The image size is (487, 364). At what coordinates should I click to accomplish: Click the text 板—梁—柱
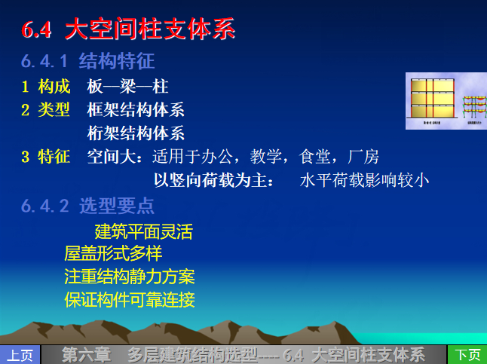pyautogui.click(x=127, y=87)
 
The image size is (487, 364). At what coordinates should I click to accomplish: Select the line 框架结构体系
pyautogui.click(x=136, y=110)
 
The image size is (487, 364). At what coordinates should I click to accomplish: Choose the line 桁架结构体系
pyautogui.click(x=136, y=133)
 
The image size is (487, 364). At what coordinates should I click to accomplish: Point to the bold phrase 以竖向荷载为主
pyautogui.click(x=213, y=180)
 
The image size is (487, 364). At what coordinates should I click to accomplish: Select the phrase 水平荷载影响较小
pyautogui.click(x=365, y=180)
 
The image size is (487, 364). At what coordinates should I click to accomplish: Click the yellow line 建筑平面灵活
pyautogui.click(x=143, y=231)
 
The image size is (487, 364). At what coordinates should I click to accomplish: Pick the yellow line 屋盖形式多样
pyautogui.click(x=113, y=253)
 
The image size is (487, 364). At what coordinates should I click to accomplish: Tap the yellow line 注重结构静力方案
pyautogui.click(x=130, y=277)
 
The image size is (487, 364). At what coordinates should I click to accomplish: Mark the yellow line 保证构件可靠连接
pyautogui.click(x=130, y=300)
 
